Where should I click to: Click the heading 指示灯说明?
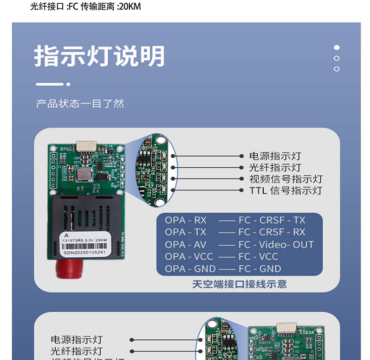tap(99, 57)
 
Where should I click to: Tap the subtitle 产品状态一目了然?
tap(80, 104)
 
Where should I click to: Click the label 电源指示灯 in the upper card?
tap(275, 156)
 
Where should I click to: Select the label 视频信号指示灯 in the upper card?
tap(286, 179)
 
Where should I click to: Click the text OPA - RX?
tap(185, 220)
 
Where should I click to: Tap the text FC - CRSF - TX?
tap(272, 220)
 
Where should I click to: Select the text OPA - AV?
tap(185, 244)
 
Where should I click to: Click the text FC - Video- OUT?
tap(276, 244)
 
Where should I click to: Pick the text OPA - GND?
tap(190, 269)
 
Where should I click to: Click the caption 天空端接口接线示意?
tap(239, 284)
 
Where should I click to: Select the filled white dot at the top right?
tap(336, 47)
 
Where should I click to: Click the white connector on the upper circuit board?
tap(86, 146)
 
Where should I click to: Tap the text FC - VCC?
tap(258, 256)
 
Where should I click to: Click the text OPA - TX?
tap(185, 232)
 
